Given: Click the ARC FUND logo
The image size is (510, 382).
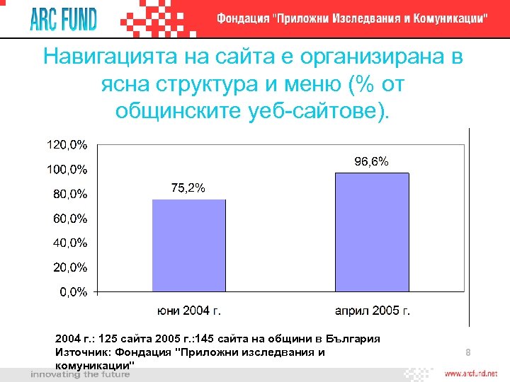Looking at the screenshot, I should click(x=62, y=19).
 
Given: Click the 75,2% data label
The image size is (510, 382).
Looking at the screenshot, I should click(x=188, y=187).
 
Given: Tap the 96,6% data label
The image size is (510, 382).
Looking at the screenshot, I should click(x=371, y=161).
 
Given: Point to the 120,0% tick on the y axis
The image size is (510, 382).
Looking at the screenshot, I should click(x=67, y=145).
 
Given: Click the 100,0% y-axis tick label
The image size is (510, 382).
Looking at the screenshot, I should click(x=67, y=169).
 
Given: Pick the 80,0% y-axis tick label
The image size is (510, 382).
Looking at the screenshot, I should click(x=69, y=194).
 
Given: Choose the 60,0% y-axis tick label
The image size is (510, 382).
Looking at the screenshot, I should click(x=69, y=219).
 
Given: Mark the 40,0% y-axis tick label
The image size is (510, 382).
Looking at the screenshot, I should click(x=69, y=243).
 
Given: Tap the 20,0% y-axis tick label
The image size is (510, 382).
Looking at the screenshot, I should click(x=69, y=267).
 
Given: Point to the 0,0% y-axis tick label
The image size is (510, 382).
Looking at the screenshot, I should click(x=72, y=291).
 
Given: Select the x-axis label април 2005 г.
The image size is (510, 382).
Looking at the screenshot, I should click(x=373, y=310).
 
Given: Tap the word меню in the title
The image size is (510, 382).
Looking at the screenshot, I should click(x=308, y=84).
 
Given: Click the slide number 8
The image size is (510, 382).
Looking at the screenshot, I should click(x=468, y=352).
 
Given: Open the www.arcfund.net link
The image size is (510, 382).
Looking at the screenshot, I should click(x=471, y=373).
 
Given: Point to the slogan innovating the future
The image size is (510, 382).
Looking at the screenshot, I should click(x=74, y=374).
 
